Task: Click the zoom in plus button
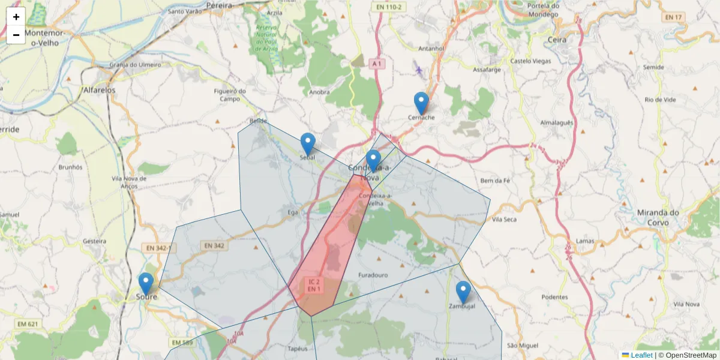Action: pyautogui.click(x=16, y=17)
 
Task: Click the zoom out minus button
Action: pyautogui.click(x=16, y=35)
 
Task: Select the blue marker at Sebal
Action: pyautogui.click(x=308, y=144)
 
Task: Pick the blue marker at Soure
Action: pyautogui.click(x=146, y=284)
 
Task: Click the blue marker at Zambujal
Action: pyautogui.click(x=463, y=292)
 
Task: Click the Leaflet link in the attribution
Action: pyautogui.click(x=641, y=355)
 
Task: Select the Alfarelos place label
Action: pyautogui.click(x=100, y=90)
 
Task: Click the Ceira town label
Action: pyautogui.click(x=558, y=40)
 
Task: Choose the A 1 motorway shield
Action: pyautogui.click(x=376, y=63)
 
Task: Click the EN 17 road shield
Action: pyautogui.click(x=674, y=17)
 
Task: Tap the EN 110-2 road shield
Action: pyautogui.click(x=389, y=7)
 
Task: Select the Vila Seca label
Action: pyautogui.click(x=504, y=220)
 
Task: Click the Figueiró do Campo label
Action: pyautogui.click(x=230, y=95)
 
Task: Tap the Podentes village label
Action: pyautogui.click(x=554, y=297)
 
